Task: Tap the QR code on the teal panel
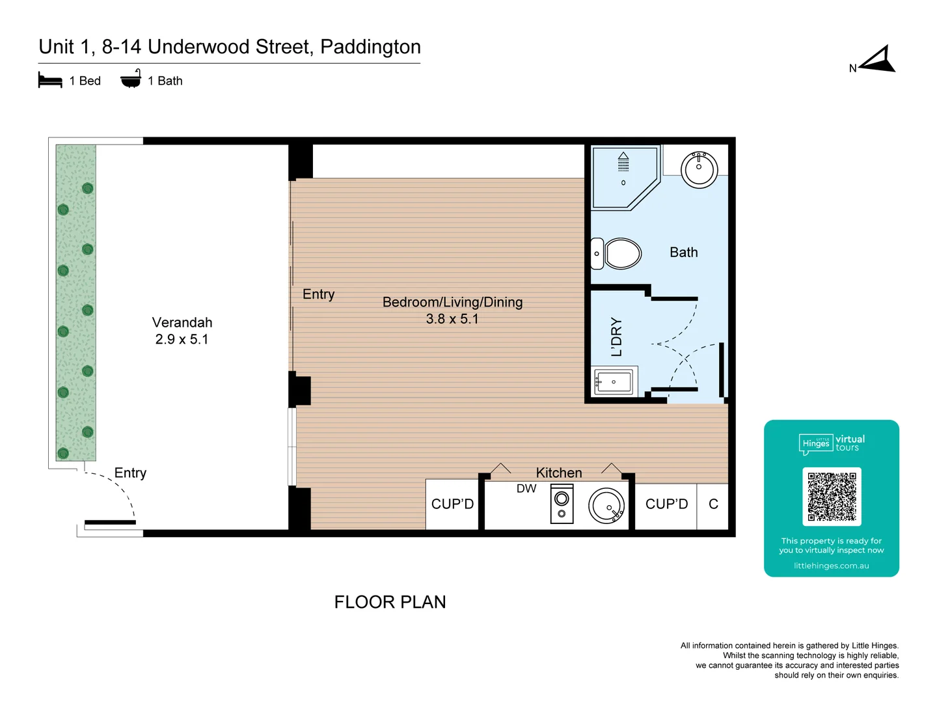(x=832, y=496)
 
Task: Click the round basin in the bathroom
(x=699, y=169)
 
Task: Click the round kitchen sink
(x=606, y=506)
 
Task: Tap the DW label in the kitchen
(x=526, y=489)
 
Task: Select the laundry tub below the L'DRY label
(x=614, y=382)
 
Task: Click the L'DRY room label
(x=616, y=337)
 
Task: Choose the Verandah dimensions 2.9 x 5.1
(x=182, y=339)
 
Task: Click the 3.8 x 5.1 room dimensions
(x=452, y=319)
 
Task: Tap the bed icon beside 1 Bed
(x=50, y=81)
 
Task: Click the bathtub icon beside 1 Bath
(x=131, y=79)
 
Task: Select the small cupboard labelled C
(x=713, y=504)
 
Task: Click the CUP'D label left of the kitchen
(x=452, y=504)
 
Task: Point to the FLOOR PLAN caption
(x=390, y=602)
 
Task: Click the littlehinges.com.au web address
(x=831, y=566)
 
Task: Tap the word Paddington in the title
(x=370, y=47)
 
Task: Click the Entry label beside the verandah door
(x=130, y=473)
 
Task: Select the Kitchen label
(x=559, y=473)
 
